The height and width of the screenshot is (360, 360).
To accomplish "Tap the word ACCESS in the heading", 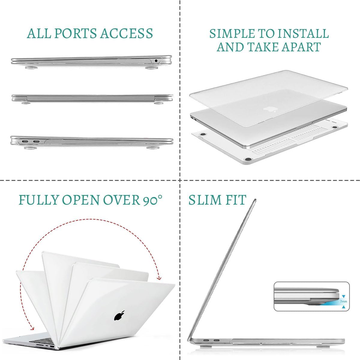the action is [x=127, y=33].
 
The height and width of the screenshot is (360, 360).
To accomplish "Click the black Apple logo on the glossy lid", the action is [x=119, y=316].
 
